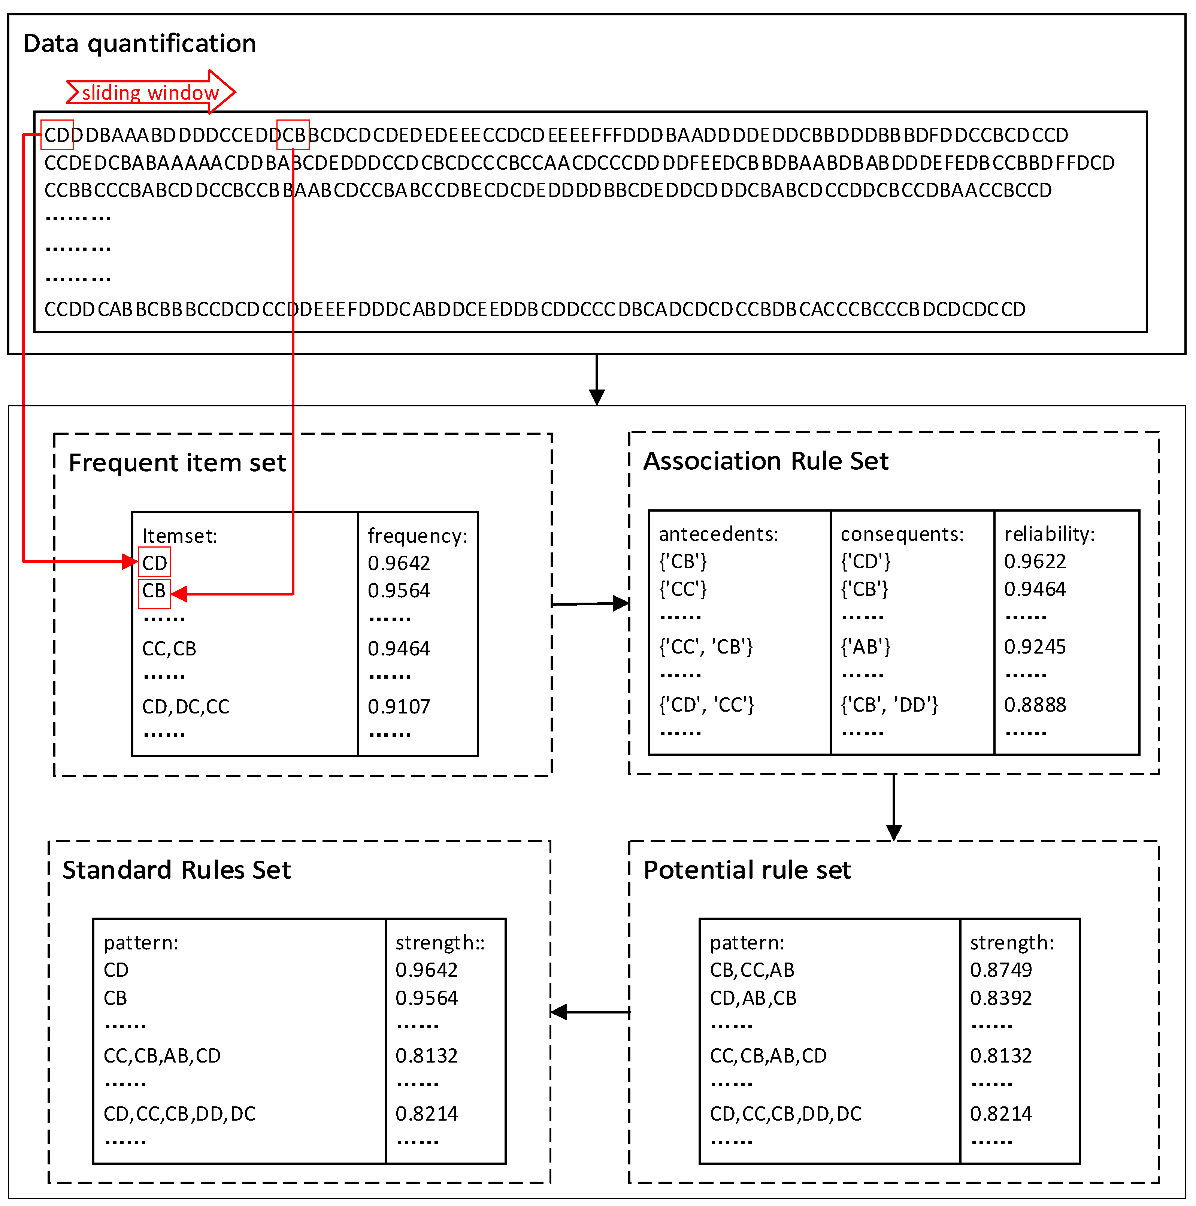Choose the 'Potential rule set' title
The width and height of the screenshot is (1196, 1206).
tap(747, 870)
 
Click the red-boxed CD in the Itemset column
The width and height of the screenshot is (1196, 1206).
tap(154, 563)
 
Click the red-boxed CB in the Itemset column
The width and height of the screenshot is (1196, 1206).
tap(154, 591)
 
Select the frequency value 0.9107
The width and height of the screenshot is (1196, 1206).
tap(399, 707)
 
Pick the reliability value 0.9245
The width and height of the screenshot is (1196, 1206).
tap(1034, 647)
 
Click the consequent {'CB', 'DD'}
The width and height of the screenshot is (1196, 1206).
tap(889, 705)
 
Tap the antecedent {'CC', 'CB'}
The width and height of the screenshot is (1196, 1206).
tap(706, 647)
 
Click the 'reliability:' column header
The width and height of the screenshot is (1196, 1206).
tap(1049, 534)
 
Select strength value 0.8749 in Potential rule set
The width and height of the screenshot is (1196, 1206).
tap(1000, 970)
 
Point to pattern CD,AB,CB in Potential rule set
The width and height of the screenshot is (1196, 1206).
tap(753, 998)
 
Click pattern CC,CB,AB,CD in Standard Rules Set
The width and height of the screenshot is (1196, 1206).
tap(162, 1055)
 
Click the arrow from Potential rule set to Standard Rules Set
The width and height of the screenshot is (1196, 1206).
tap(590, 1012)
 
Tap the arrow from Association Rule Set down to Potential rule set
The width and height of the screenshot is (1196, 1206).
tap(894, 807)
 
